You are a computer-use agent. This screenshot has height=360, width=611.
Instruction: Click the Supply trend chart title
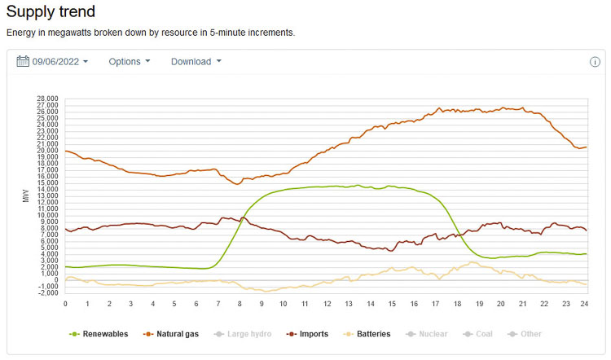point(51,12)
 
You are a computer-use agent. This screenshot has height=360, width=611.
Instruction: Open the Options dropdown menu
point(130,62)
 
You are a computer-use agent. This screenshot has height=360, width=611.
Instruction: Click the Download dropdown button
point(196,62)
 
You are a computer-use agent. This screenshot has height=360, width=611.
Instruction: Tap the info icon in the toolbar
point(595,62)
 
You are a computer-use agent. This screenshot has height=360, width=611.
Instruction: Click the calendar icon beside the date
point(23,62)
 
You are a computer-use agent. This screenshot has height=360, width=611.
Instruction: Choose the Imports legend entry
point(314,334)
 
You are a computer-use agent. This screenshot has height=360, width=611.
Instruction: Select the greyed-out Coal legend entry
point(482,334)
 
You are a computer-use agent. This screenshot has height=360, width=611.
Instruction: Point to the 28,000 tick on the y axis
point(47,99)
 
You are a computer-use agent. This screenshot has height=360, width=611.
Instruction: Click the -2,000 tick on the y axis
point(47,292)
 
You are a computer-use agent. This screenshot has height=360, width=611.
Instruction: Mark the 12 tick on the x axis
point(327,303)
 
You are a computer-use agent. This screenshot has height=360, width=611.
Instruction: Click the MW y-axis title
point(27,195)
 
